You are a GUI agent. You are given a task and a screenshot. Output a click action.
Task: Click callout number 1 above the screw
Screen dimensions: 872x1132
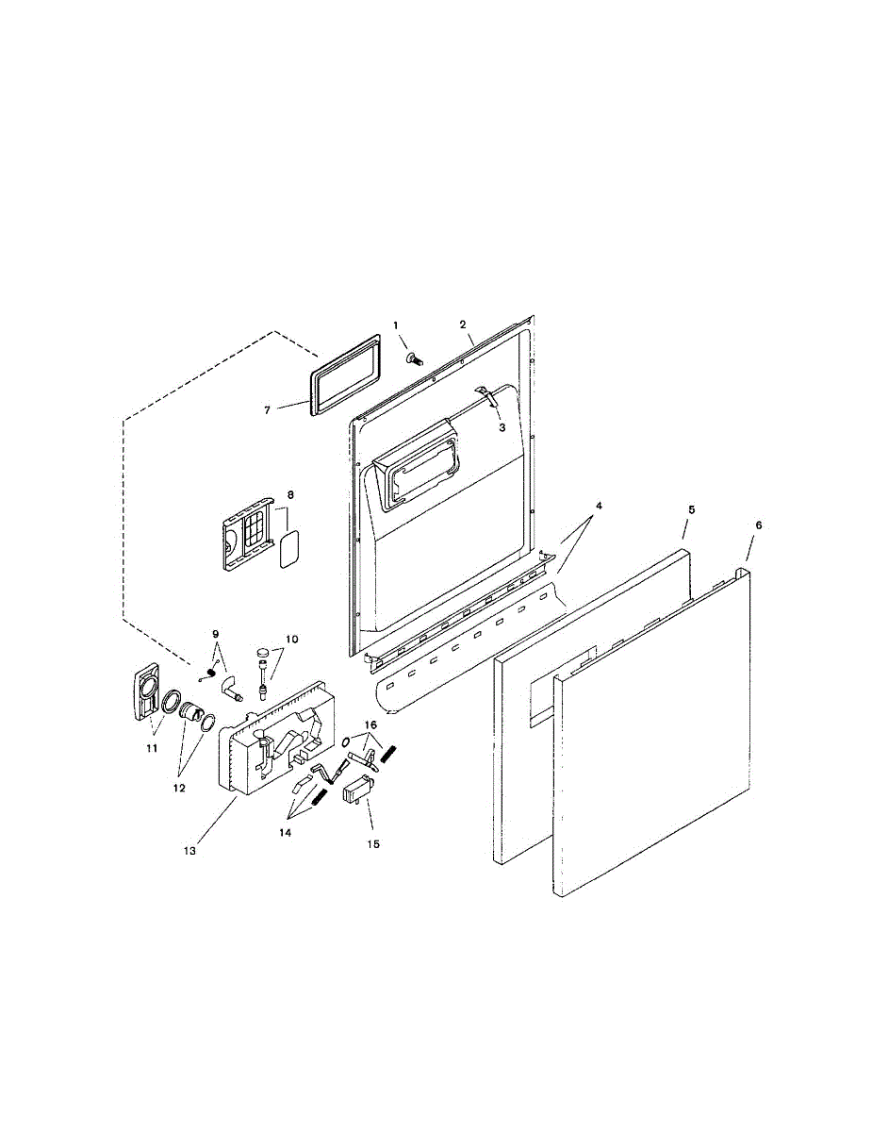tap(396, 325)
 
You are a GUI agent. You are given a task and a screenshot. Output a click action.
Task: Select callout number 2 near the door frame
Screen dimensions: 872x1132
tap(464, 325)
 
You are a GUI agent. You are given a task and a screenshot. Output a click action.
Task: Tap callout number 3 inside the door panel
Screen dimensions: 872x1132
tap(502, 427)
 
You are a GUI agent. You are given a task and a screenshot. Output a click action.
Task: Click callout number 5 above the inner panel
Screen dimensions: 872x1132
tap(691, 509)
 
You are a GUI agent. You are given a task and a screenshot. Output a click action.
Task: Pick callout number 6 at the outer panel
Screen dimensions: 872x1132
tap(759, 524)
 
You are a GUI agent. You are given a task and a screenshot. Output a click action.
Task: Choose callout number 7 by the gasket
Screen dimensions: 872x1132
tap(267, 409)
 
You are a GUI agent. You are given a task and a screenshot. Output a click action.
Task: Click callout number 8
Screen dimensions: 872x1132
tap(290, 493)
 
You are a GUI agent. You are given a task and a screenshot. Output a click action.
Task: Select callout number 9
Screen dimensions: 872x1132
tap(215, 633)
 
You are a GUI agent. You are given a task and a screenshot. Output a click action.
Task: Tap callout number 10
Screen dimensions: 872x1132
tap(292, 639)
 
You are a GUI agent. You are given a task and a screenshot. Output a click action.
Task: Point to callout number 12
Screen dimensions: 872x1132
tap(178, 787)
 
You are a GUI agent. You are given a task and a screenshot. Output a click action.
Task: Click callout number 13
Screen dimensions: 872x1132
tap(189, 850)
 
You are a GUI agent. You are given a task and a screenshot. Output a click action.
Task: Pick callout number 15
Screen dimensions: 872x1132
tap(373, 844)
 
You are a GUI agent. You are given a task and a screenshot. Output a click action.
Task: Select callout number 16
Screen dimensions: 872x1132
tap(371, 724)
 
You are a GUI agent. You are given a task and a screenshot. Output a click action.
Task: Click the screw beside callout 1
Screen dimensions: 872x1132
tap(415, 358)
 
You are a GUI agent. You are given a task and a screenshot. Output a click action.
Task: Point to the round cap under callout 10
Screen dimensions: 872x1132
tap(262, 652)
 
